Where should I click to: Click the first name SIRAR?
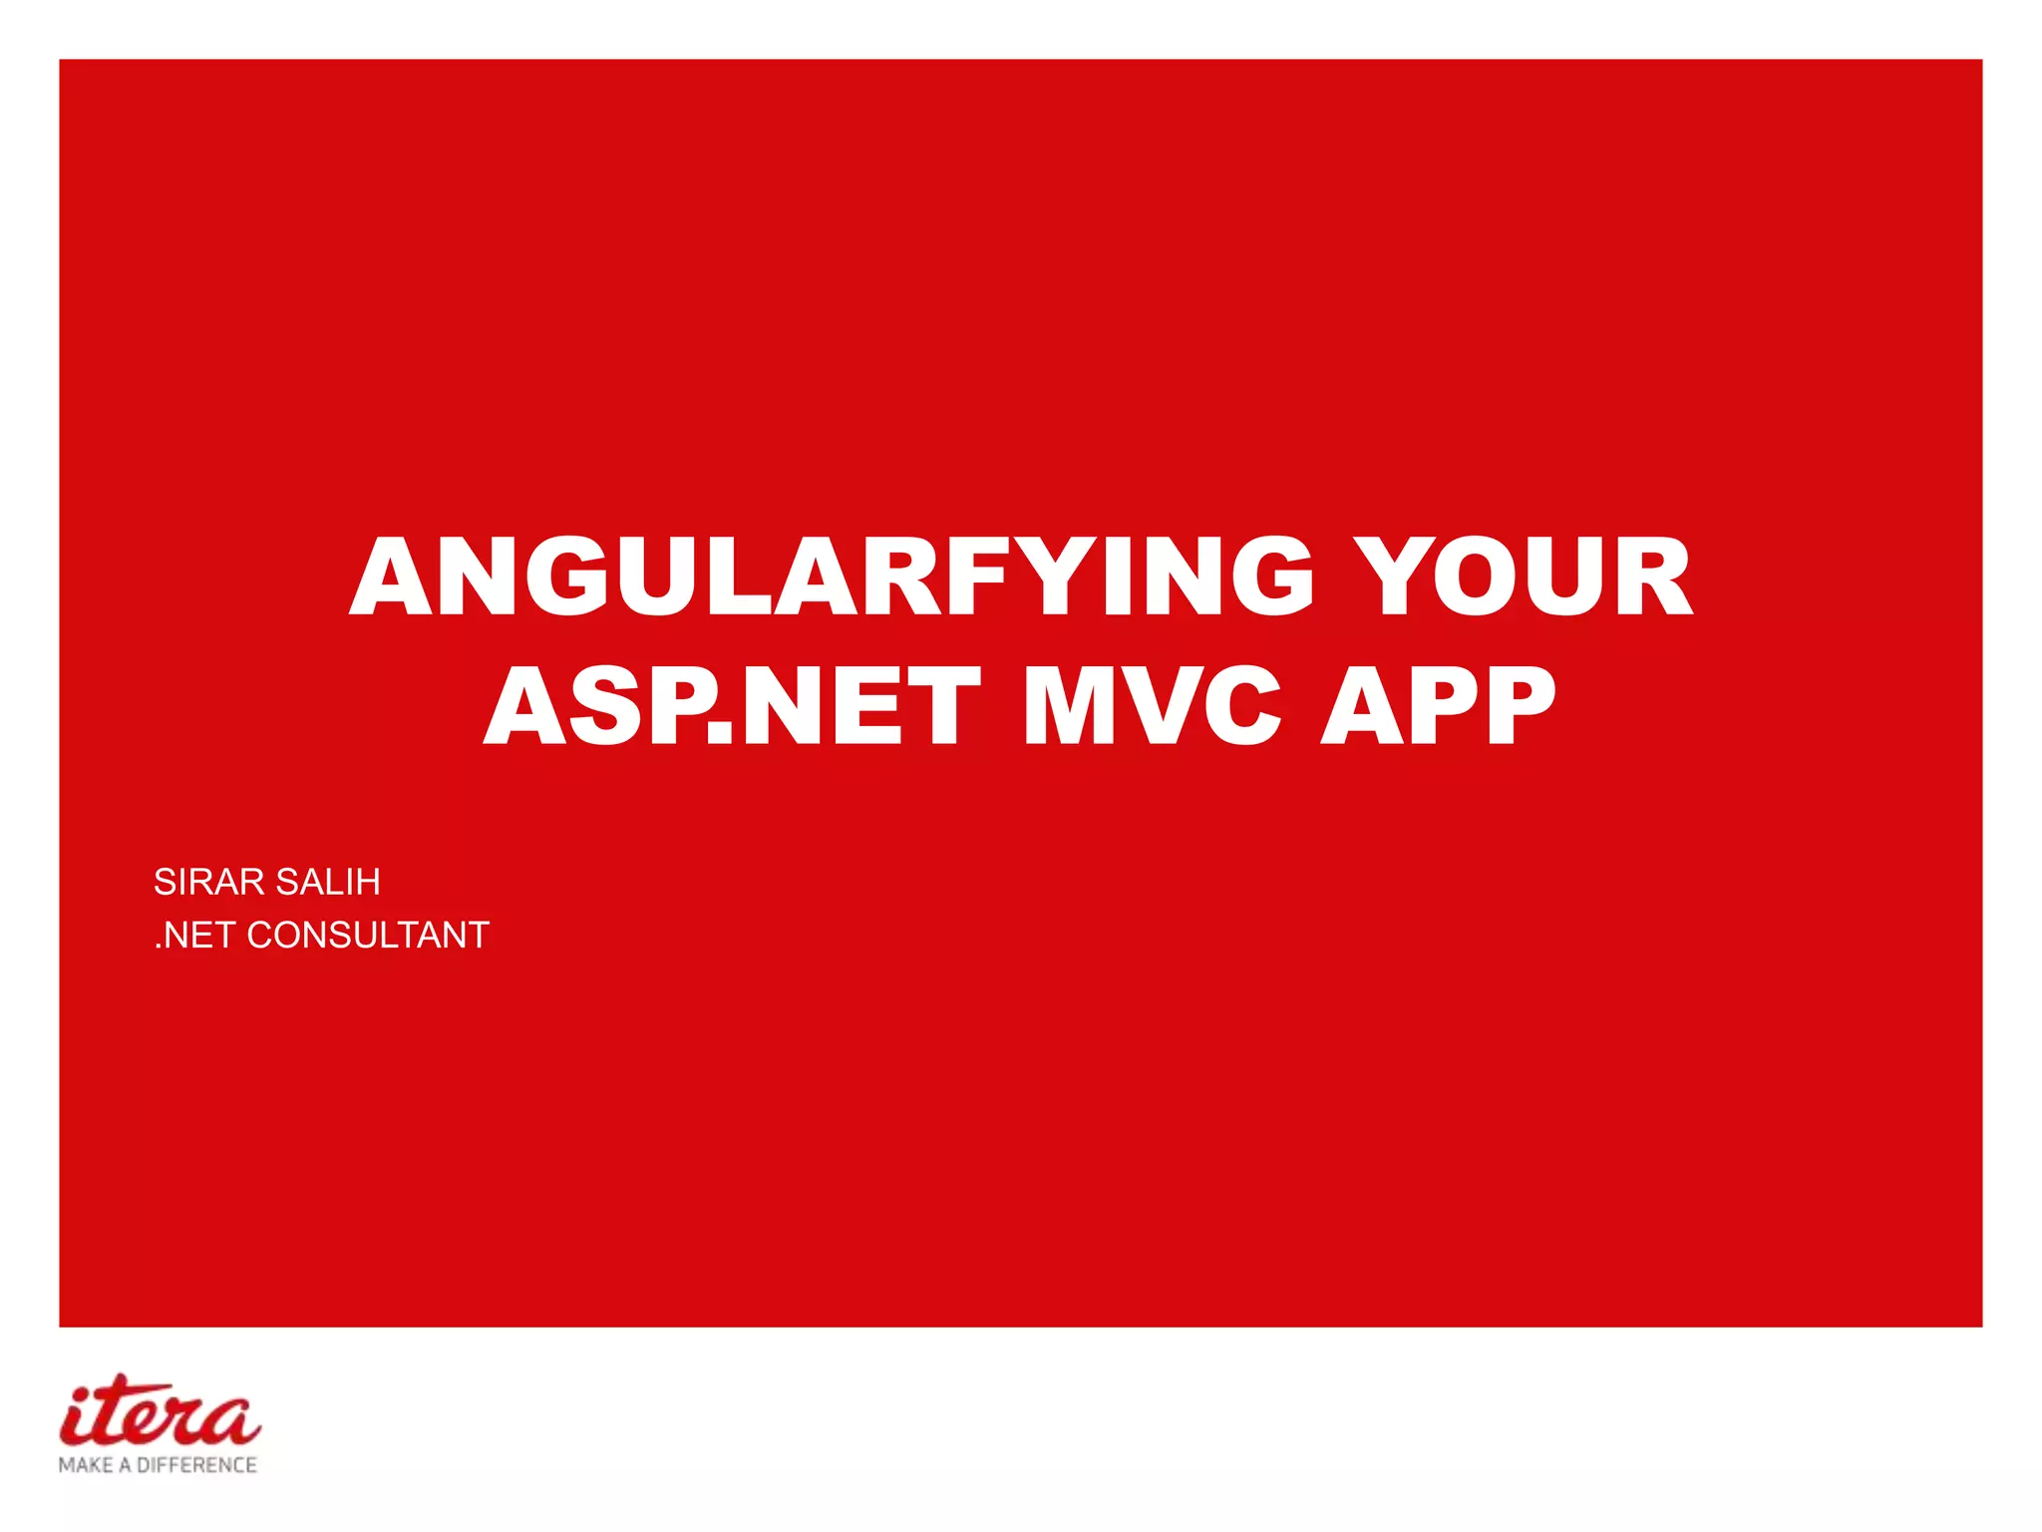209,882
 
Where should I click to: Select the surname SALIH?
328,882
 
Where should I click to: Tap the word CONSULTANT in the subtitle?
368,936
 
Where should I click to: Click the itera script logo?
160,1411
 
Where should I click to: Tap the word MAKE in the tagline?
86,1465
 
